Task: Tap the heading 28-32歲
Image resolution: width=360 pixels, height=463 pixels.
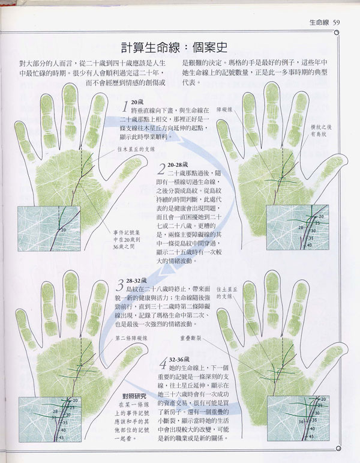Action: pyautogui.click(x=139, y=280)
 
